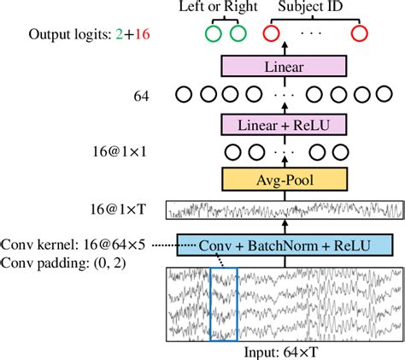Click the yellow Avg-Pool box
285,180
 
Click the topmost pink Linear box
285,67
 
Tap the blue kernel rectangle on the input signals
222,304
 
